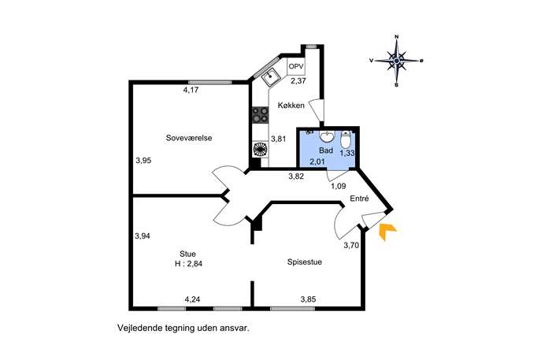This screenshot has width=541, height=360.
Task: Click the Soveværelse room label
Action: coord(189,138)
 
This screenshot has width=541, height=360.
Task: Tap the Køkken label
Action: coord(291,106)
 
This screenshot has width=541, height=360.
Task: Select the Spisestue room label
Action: coord(305,262)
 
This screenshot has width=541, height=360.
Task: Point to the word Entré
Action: coord(360,199)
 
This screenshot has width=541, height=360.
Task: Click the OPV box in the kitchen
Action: coord(296,67)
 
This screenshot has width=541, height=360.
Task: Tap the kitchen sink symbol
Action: coord(271,76)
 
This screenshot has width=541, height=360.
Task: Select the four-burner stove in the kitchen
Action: coord(260,115)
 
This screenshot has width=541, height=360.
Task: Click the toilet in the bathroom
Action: coord(346,139)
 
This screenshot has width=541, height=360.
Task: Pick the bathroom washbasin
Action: coord(326,136)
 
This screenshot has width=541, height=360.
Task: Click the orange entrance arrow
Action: coord(387,231)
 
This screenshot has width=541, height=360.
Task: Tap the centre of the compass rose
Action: coord(397,61)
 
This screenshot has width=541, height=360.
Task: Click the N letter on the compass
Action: coord(397,36)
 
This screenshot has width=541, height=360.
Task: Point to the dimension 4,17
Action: coord(191,90)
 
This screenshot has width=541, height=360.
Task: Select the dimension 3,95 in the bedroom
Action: coord(143,161)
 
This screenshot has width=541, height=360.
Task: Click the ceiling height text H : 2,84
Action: coord(188,264)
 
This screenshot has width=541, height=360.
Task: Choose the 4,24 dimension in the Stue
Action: coord(192,299)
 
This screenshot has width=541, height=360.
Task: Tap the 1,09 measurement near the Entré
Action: coord(338,187)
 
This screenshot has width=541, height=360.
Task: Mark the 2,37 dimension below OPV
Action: coord(298,82)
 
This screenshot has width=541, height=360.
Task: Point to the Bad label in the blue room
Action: coord(326,150)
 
